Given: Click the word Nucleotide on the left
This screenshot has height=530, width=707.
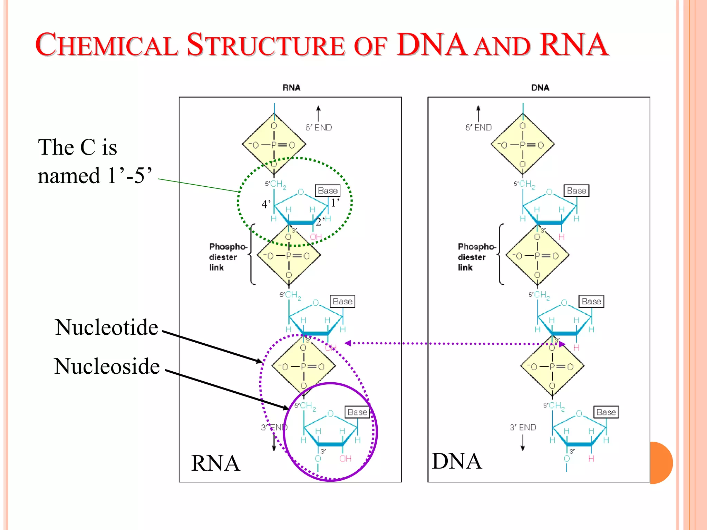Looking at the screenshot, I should pos(106,327).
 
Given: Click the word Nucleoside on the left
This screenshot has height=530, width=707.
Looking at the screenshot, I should pos(107,366).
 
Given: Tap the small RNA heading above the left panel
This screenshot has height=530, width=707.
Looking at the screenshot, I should pos(291,88).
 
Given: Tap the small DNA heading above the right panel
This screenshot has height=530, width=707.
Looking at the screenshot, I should pos(540,88).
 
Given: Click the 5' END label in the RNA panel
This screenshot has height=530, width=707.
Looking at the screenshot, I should pos(319,128).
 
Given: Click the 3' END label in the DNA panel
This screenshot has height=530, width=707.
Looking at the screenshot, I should pos(523,428).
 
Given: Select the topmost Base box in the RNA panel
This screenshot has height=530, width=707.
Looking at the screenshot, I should pos(328,190).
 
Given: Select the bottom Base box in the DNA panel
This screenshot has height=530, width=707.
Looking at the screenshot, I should pos(606,412).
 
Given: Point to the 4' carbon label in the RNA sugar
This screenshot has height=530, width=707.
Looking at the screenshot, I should pos(266,204).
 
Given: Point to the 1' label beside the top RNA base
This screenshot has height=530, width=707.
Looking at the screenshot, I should pos(335,203).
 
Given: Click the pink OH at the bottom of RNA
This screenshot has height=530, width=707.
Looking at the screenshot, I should pos(345,459).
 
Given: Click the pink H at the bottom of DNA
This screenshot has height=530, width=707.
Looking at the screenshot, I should pos(591,459).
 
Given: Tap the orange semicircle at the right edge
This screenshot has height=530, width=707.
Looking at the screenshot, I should pos(661,463).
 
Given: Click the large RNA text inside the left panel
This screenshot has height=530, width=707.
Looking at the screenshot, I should pos(215,463).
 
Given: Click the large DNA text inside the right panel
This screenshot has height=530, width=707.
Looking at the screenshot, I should pos(457,461).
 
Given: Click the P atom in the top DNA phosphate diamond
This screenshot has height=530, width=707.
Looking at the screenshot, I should pos(522,145).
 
